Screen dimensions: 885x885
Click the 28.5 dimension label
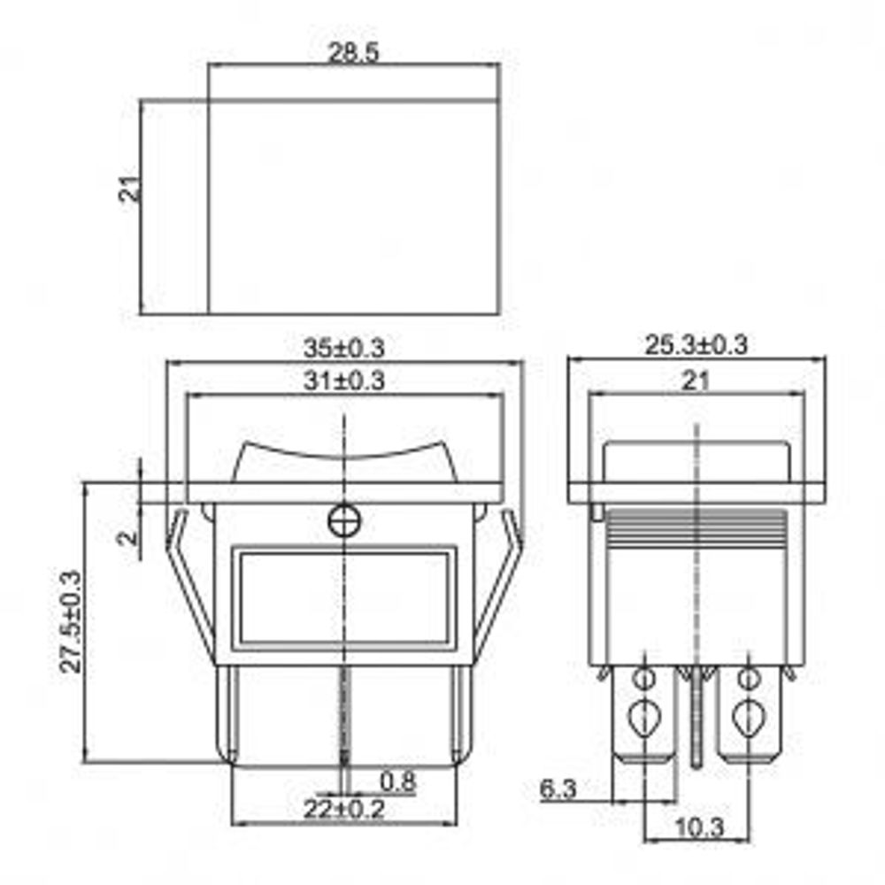353,53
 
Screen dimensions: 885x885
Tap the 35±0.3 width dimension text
345,347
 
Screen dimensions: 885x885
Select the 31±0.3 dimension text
345,382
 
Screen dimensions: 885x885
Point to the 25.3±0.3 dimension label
696,345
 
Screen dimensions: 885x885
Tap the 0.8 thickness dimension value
397,781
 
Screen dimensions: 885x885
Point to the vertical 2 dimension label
128,536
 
